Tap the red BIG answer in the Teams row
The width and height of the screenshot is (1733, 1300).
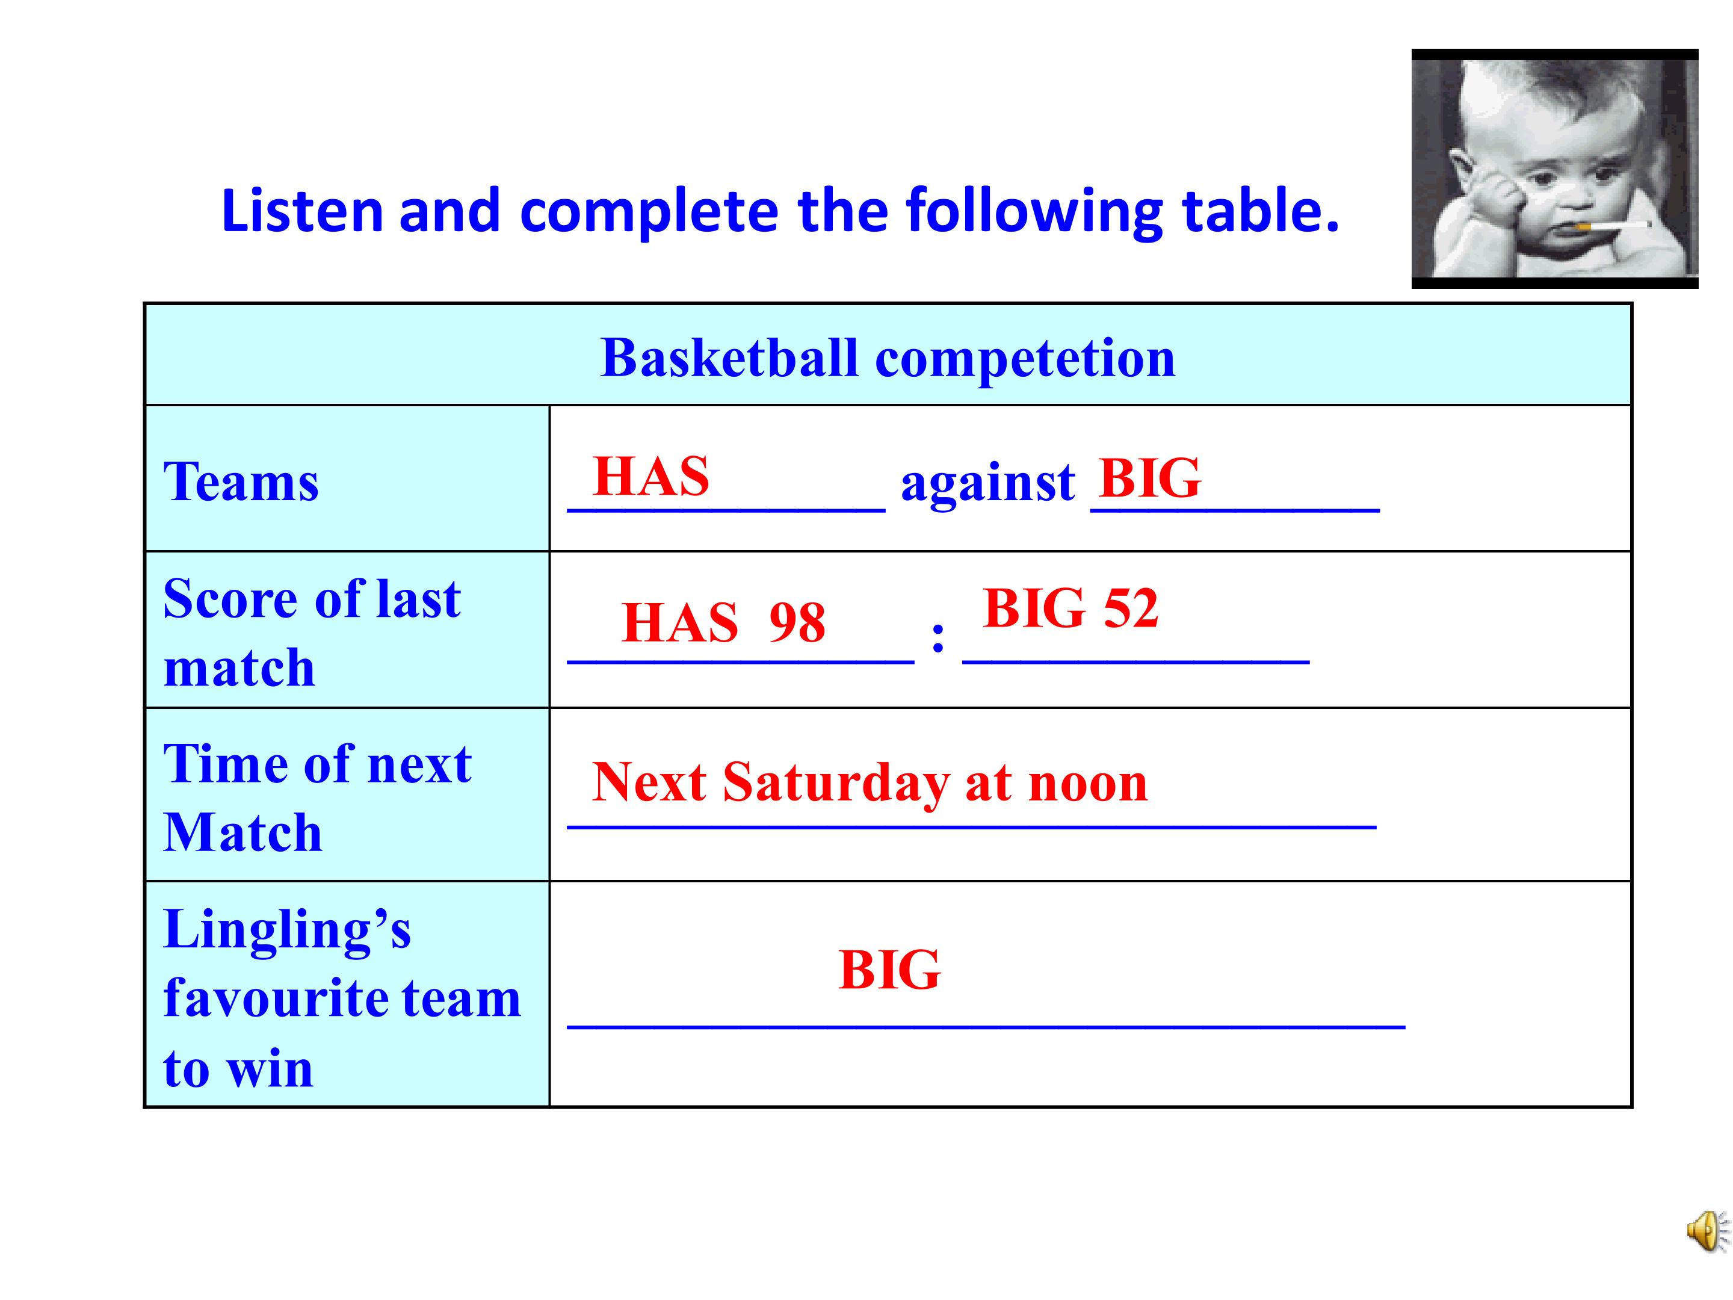click(x=1150, y=477)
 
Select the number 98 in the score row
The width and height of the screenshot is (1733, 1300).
click(x=797, y=622)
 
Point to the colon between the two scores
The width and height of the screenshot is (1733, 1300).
click(x=938, y=637)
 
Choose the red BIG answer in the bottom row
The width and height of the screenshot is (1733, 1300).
click(x=889, y=970)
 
